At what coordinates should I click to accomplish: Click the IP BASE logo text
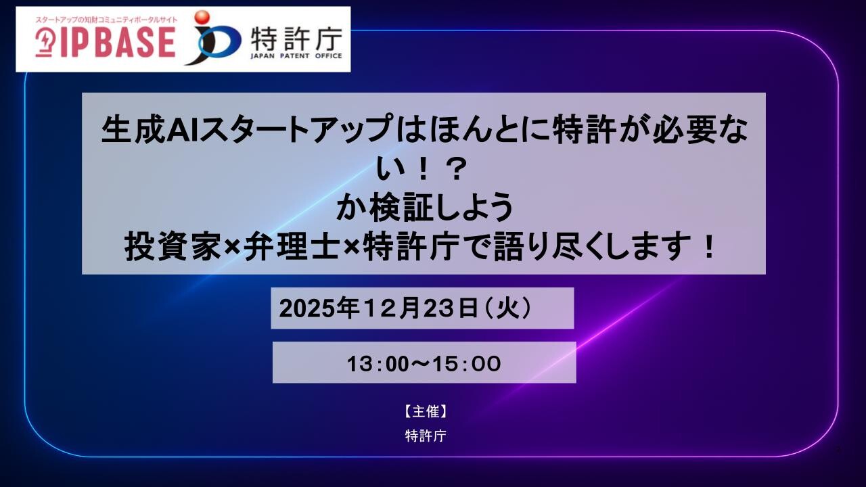(x=118, y=42)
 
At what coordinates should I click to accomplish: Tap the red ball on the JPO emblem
(x=202, y=18)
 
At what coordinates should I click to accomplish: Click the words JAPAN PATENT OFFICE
(x=296, y=55)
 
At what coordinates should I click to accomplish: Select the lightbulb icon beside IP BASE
(x=45, y=43)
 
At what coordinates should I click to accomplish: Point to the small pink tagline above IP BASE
(x=106, y=20)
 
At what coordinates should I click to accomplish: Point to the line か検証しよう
(x=424, y=207)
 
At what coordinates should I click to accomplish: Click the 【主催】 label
(x=426, y=412)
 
